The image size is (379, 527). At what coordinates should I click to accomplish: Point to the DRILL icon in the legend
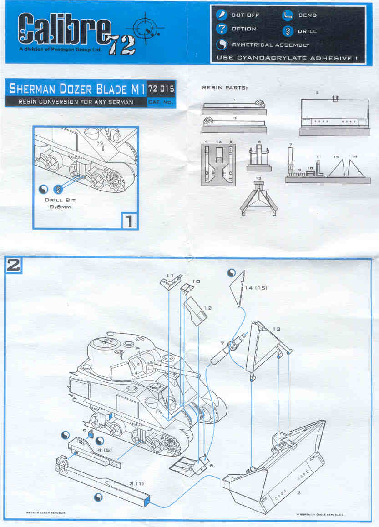(x=287, y=31)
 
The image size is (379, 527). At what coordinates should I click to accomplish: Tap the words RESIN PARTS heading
(x=225, y=87)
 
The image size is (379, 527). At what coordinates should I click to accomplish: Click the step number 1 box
(x=129, y=221)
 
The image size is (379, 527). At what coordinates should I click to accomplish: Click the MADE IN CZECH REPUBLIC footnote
(x=46, y=512)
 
